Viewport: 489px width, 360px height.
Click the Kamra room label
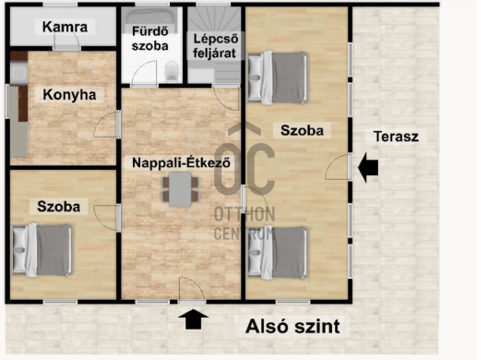(65, 27)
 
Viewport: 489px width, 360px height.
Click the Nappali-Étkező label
(181, 163)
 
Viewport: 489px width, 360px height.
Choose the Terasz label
(396, 137)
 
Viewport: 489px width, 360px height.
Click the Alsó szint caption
(292, 326)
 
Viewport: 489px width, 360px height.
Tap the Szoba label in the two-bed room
(302, 131)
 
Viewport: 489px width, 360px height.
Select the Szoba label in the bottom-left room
(58, 207)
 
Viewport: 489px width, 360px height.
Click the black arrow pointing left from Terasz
(367, 168)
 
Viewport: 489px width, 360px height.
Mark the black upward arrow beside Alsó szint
(194, 319)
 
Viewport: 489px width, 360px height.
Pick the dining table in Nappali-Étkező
(179, 189)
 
